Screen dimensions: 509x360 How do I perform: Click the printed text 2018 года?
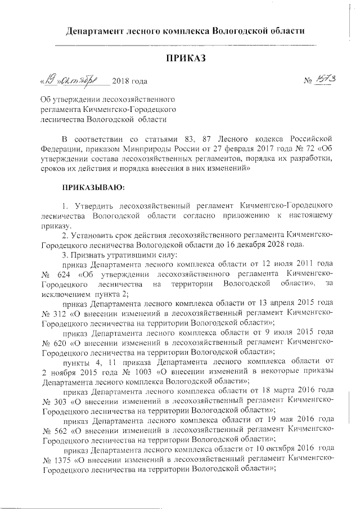tap(130, 82)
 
